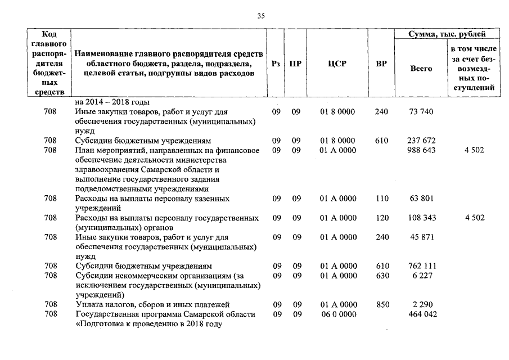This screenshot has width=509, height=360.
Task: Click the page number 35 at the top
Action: pyautogui.click(x=261, y=16)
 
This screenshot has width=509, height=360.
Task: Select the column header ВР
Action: pyautogui.click(x=381, y=64)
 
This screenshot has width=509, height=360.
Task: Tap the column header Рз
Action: pyautogui.click(x=276, y=64)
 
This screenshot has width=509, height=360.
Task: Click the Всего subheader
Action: pyautogui.click(x=421, y=69)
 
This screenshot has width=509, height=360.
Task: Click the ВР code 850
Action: pyautogui.click(x=382, y=305)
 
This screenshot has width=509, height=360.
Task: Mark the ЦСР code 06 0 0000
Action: pyautogui.click(x=337, y=314)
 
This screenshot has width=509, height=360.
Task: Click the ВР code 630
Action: pyautogui.click(x=382, y=276)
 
